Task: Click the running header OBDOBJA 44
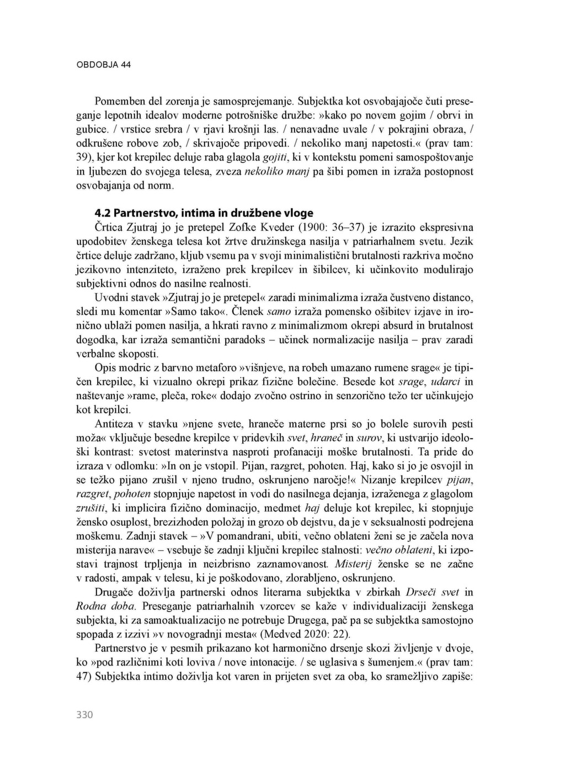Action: (103, 65)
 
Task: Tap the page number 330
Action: (84, 715)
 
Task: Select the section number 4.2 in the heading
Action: (103, 213)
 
